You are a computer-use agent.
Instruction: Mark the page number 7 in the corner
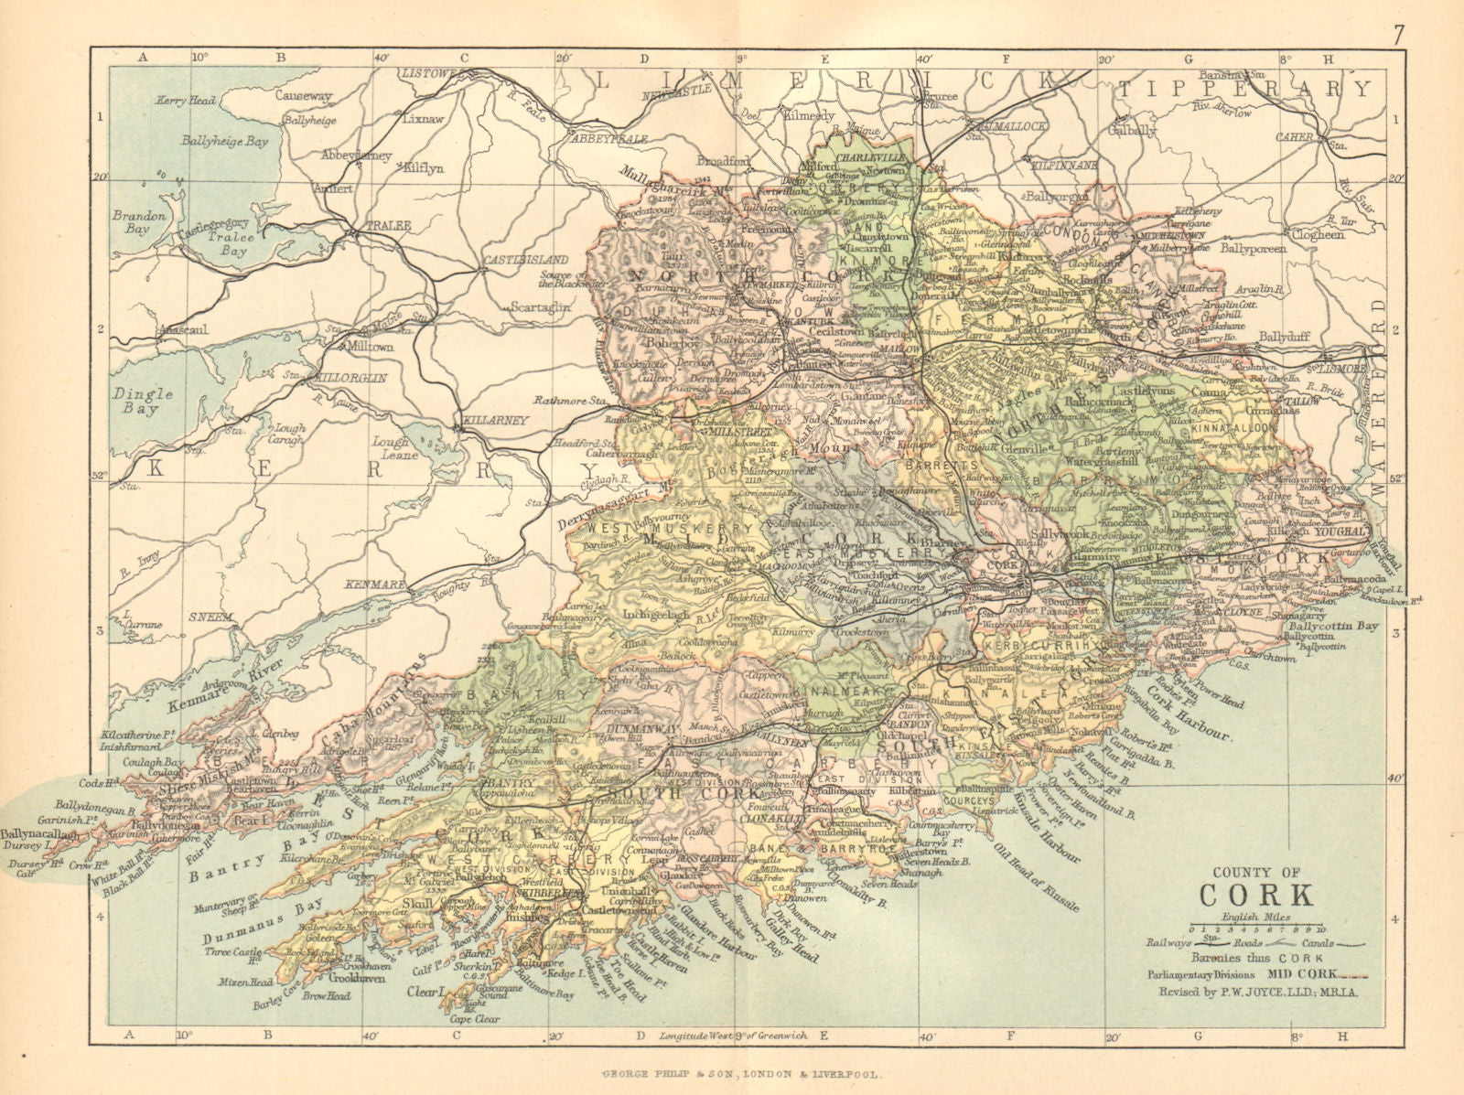click(1399, 35)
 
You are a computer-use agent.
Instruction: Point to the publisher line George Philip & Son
click(732, 1078)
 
